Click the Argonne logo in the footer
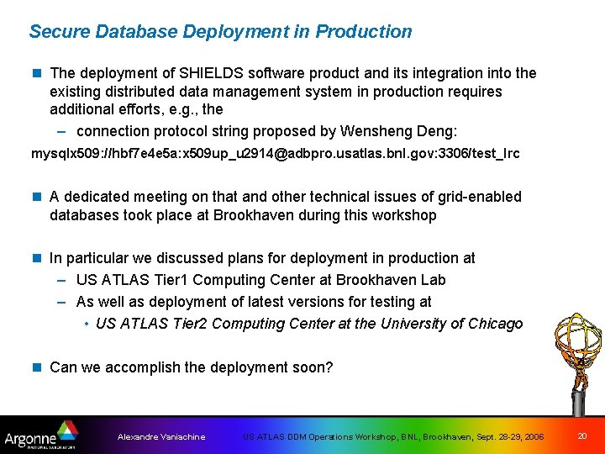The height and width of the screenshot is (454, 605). [x=39, y=436]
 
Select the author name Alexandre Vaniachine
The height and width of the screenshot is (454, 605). [x=161, y=437]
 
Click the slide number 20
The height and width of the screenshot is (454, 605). [x=582, y=436]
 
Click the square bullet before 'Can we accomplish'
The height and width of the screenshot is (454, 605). [x=36, y=367]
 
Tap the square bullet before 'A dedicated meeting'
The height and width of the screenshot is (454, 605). [x=36, y=197]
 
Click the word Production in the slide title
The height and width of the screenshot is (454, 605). [x=364, y=32]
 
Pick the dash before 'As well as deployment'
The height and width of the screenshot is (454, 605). [x=63, y=302]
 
